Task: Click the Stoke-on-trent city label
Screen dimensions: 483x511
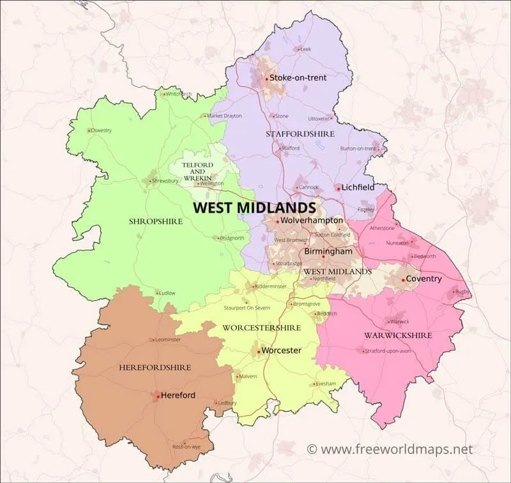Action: point(298,78)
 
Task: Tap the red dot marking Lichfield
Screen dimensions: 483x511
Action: point(337,188)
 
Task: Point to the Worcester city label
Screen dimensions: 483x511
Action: point(281,351)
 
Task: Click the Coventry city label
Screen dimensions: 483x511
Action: point(423,279)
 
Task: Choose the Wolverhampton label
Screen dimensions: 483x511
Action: point(312,220)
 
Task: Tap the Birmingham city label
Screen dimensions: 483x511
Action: point(328,252)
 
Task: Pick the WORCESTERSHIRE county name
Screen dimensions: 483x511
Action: point(261,328)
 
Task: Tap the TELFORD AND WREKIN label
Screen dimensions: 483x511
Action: point(197,169)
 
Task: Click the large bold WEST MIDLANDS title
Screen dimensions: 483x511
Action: point(254,208)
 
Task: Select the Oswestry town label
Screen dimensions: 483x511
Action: point(101,130)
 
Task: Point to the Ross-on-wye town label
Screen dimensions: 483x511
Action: point(187,447)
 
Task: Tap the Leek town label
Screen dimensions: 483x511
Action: point(305,49)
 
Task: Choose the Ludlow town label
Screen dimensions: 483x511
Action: point(167,293)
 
